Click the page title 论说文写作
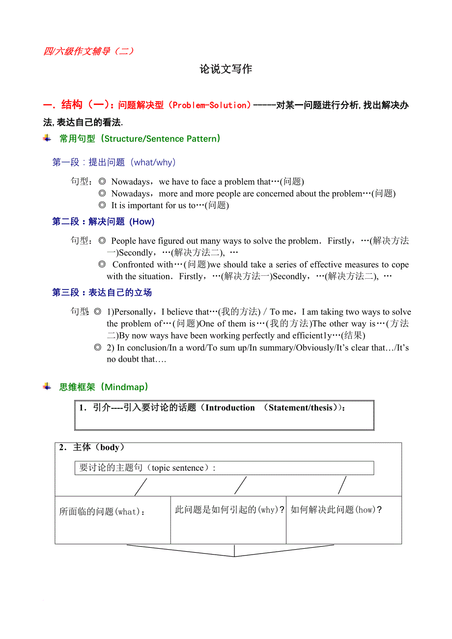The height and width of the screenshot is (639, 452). click(x=226, y=69)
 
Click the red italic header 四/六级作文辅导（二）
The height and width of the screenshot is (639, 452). click(x=88, y=51)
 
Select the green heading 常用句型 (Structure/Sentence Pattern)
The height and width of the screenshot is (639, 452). click(x=140, y=139)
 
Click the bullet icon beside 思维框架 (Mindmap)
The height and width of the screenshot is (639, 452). click(x=47, y=386)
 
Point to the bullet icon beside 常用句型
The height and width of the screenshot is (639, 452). click(x=47, y=138)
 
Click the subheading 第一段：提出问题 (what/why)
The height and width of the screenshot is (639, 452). click(x=114, y=162)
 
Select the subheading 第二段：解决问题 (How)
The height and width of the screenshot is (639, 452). click(x=103, y=222)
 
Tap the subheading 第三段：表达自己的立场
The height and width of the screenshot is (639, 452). click(x=102, y=293)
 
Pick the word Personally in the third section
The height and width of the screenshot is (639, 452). click(x=133, y=312)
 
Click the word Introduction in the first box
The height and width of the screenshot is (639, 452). click(x=230, y=408)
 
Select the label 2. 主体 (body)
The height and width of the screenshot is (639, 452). click(x=92, y=447)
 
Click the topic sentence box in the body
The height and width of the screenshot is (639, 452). click(x=224, y=468)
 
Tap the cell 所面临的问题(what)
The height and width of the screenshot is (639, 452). click(x=102, y=512)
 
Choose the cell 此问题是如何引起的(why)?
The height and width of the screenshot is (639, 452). click(x=229, y=510)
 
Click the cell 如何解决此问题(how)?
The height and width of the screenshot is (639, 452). click(x=336, y=510)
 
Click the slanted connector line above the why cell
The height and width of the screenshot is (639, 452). click(x=240, y=485)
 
